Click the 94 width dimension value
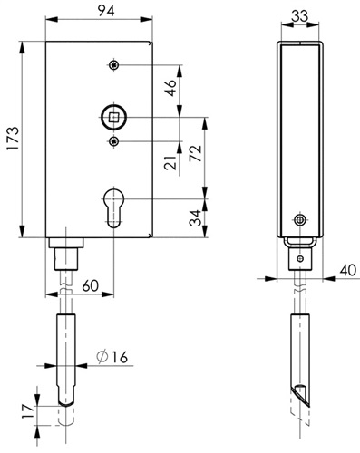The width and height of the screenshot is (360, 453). point(106,11)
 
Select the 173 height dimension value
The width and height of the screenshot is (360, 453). point(13,139)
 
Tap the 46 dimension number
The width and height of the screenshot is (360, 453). point(171,88)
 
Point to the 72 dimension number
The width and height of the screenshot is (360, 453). point(196,153)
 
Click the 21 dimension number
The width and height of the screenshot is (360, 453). point(170,162)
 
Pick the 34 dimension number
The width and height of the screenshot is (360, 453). point(195,217)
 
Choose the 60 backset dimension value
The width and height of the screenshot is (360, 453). point(91,285)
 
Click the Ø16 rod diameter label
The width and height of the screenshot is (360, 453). point(112,357)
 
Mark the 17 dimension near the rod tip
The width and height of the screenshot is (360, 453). point(27,411)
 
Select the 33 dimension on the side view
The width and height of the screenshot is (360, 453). point(300,15)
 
